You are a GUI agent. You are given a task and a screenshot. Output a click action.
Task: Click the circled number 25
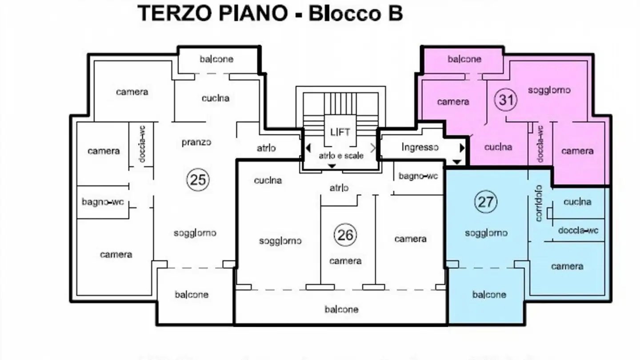(x=198, y=180)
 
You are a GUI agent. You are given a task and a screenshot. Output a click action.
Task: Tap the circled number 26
(x=345, y=235)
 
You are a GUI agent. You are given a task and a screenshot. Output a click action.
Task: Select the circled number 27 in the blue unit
(x=485, y=202)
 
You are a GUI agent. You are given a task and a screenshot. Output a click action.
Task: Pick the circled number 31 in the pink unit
(x=506, y=100)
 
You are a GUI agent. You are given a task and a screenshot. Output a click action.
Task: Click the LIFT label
(x=340, y=132)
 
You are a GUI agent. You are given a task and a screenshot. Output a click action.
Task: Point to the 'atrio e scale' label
(x=341, y=156)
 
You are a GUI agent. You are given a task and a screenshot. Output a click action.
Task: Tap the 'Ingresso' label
(x=420, y=147)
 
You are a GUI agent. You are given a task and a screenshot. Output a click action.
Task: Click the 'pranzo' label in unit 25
(x=196, y=143)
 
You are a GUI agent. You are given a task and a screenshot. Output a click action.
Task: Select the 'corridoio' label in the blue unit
(x=539, y=203)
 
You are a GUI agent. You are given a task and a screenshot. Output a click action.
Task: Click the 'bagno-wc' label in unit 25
(x=103, y=202)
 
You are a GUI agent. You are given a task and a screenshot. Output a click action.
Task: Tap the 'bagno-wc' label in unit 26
(x=418, y=176)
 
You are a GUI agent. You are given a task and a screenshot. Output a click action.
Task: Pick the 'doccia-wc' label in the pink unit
(x=540, y=144)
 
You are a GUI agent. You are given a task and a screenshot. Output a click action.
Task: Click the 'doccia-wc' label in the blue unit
(x=578, y=230)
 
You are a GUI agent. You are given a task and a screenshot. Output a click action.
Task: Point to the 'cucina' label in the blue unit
(x=577, y=202)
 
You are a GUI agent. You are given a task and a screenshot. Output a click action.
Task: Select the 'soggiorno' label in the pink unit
(x=549, y=90)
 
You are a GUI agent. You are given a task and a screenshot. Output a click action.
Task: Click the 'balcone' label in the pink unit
(x=464, y=59)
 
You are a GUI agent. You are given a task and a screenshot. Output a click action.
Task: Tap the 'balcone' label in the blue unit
(x=489, y=295)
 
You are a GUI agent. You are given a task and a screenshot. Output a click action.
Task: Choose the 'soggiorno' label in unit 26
(x=280, y=241)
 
